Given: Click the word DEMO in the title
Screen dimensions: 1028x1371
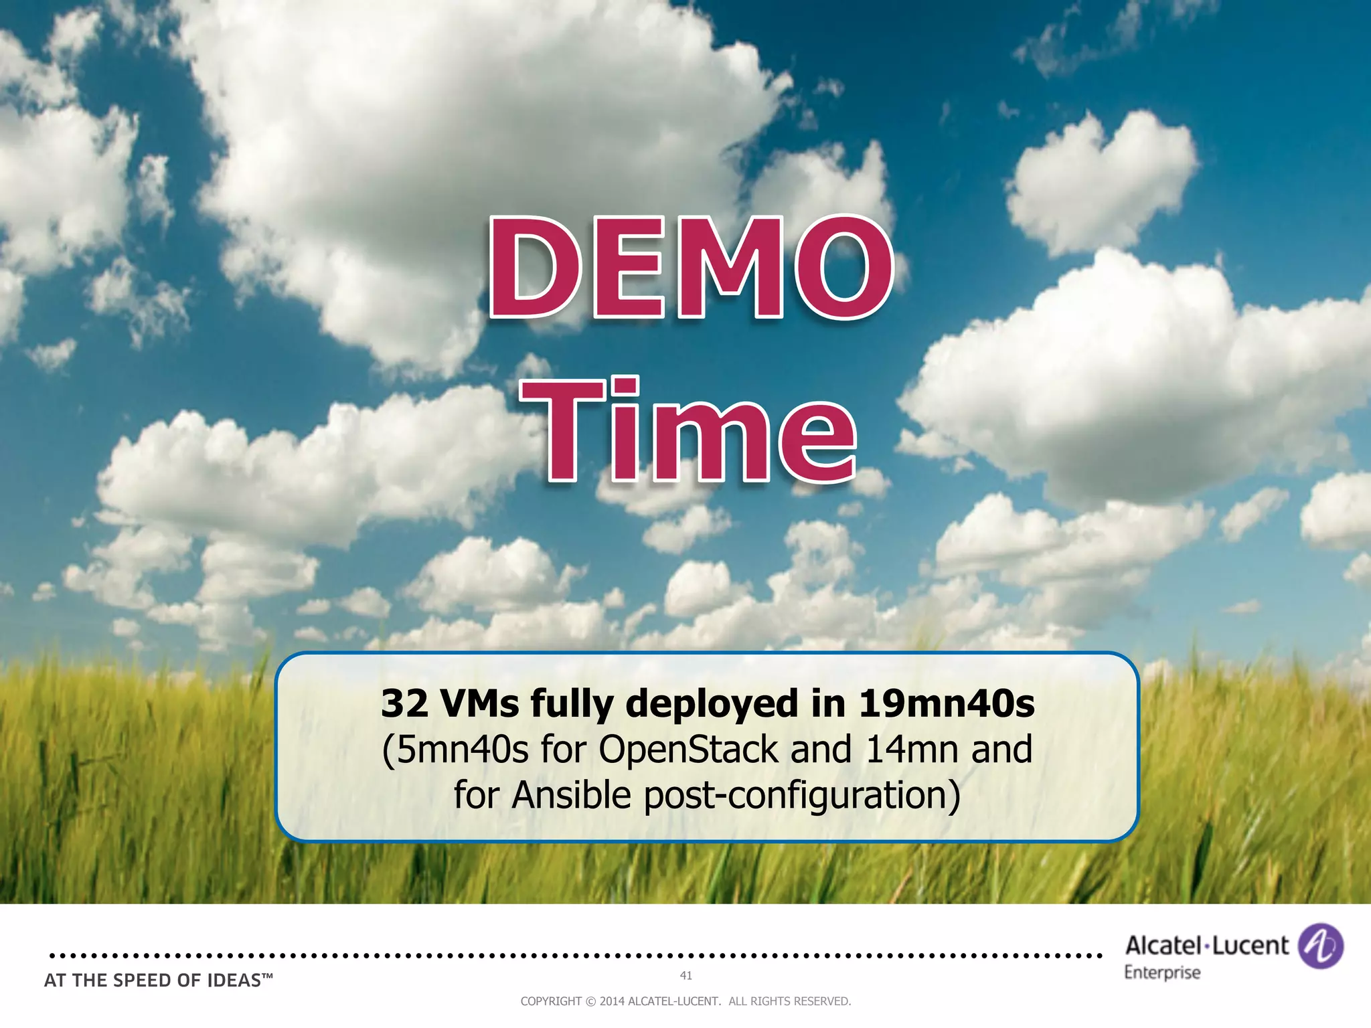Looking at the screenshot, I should click(691, 268).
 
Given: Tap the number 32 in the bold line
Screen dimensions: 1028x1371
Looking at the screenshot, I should click(404, 704).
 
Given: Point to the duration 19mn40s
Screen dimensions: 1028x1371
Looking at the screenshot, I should click(947, 704).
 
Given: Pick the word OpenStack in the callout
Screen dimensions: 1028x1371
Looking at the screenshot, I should click(688, 750).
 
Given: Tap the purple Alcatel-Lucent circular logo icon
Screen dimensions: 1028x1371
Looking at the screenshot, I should click(1320, 946).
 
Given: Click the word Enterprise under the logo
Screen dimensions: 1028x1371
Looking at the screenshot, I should click(1162, 972).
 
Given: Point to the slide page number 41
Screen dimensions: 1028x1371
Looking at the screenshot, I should click(686, 976).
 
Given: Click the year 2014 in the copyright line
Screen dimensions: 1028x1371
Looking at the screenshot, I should click(612, 1001).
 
